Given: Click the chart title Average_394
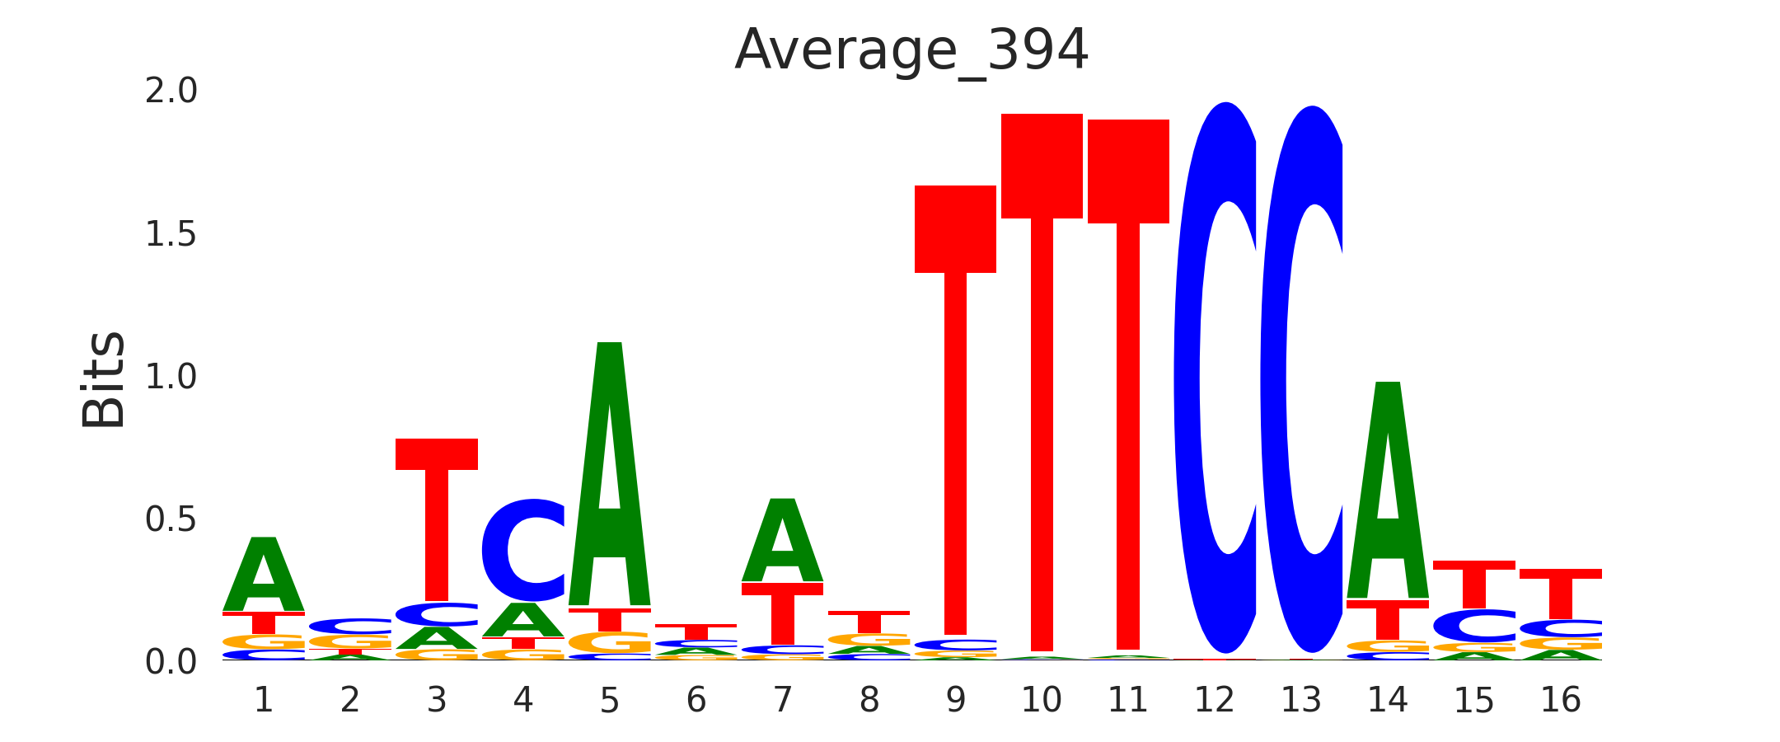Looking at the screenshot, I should (911, 51).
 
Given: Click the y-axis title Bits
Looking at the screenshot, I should (104, 380).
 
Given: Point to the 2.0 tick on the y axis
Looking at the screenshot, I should (171, 92).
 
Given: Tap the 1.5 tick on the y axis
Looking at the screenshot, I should (171, 235).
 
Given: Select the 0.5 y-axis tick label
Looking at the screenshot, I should (171, 520).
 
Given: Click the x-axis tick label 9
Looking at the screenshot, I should (955, 701).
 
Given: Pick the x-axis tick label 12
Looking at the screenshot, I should (1215, 701).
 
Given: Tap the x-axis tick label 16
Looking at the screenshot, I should (1561, 701).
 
